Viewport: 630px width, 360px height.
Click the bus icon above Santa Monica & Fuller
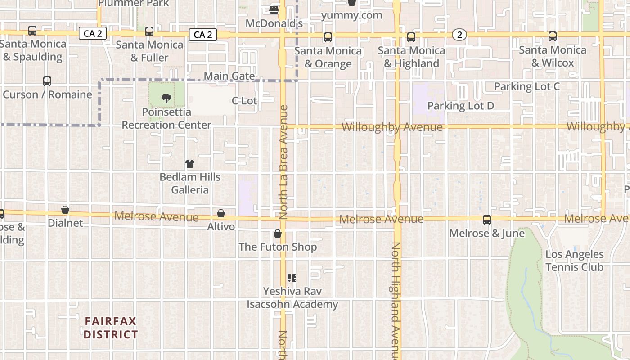point(149,31)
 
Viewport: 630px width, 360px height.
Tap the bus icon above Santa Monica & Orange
point(328,37)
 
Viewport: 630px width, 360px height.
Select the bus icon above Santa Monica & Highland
point(411,37)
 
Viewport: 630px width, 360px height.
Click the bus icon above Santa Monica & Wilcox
point(553,37)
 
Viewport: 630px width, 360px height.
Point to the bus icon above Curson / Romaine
point(47,81)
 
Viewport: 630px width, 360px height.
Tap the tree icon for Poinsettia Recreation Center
point(166,99)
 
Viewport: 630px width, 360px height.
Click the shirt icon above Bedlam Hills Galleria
point(190,164)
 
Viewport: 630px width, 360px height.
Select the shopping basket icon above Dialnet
point(65,210)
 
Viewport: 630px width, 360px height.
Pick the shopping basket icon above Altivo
point(221,213)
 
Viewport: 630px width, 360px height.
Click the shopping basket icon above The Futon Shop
point(278,234)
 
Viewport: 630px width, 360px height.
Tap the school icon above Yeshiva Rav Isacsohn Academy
point(292,278)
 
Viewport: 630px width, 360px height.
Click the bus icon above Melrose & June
point(487,220)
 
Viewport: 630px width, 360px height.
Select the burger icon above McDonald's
point(274,9)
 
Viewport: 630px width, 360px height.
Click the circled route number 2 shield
point(459,35)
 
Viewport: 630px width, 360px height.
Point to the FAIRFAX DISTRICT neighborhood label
point(111,328)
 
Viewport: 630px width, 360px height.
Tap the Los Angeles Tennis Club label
point(574,261)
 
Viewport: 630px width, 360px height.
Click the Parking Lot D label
point(460,106)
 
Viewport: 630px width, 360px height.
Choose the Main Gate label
point(229,76)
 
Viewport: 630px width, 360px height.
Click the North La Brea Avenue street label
point(283,162)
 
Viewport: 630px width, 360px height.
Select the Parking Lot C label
point(527,86)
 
